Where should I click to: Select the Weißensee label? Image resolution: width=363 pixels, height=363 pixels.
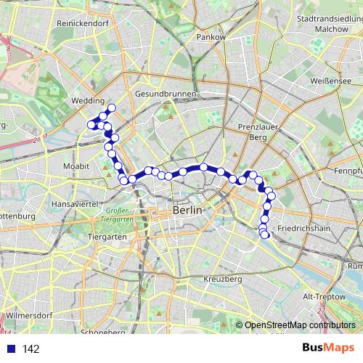click(330, 81)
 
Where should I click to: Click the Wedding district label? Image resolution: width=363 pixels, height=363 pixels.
click(89, 102)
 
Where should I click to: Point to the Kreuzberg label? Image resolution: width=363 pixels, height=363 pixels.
click(222, 279)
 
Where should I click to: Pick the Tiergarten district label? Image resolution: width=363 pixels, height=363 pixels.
click(107, 237)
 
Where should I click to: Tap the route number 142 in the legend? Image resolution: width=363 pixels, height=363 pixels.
click(30, 349)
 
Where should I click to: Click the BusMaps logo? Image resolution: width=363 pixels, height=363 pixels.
click(323, 348)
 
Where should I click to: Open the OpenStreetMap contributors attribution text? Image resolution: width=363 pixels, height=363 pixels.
click(300, 325)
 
